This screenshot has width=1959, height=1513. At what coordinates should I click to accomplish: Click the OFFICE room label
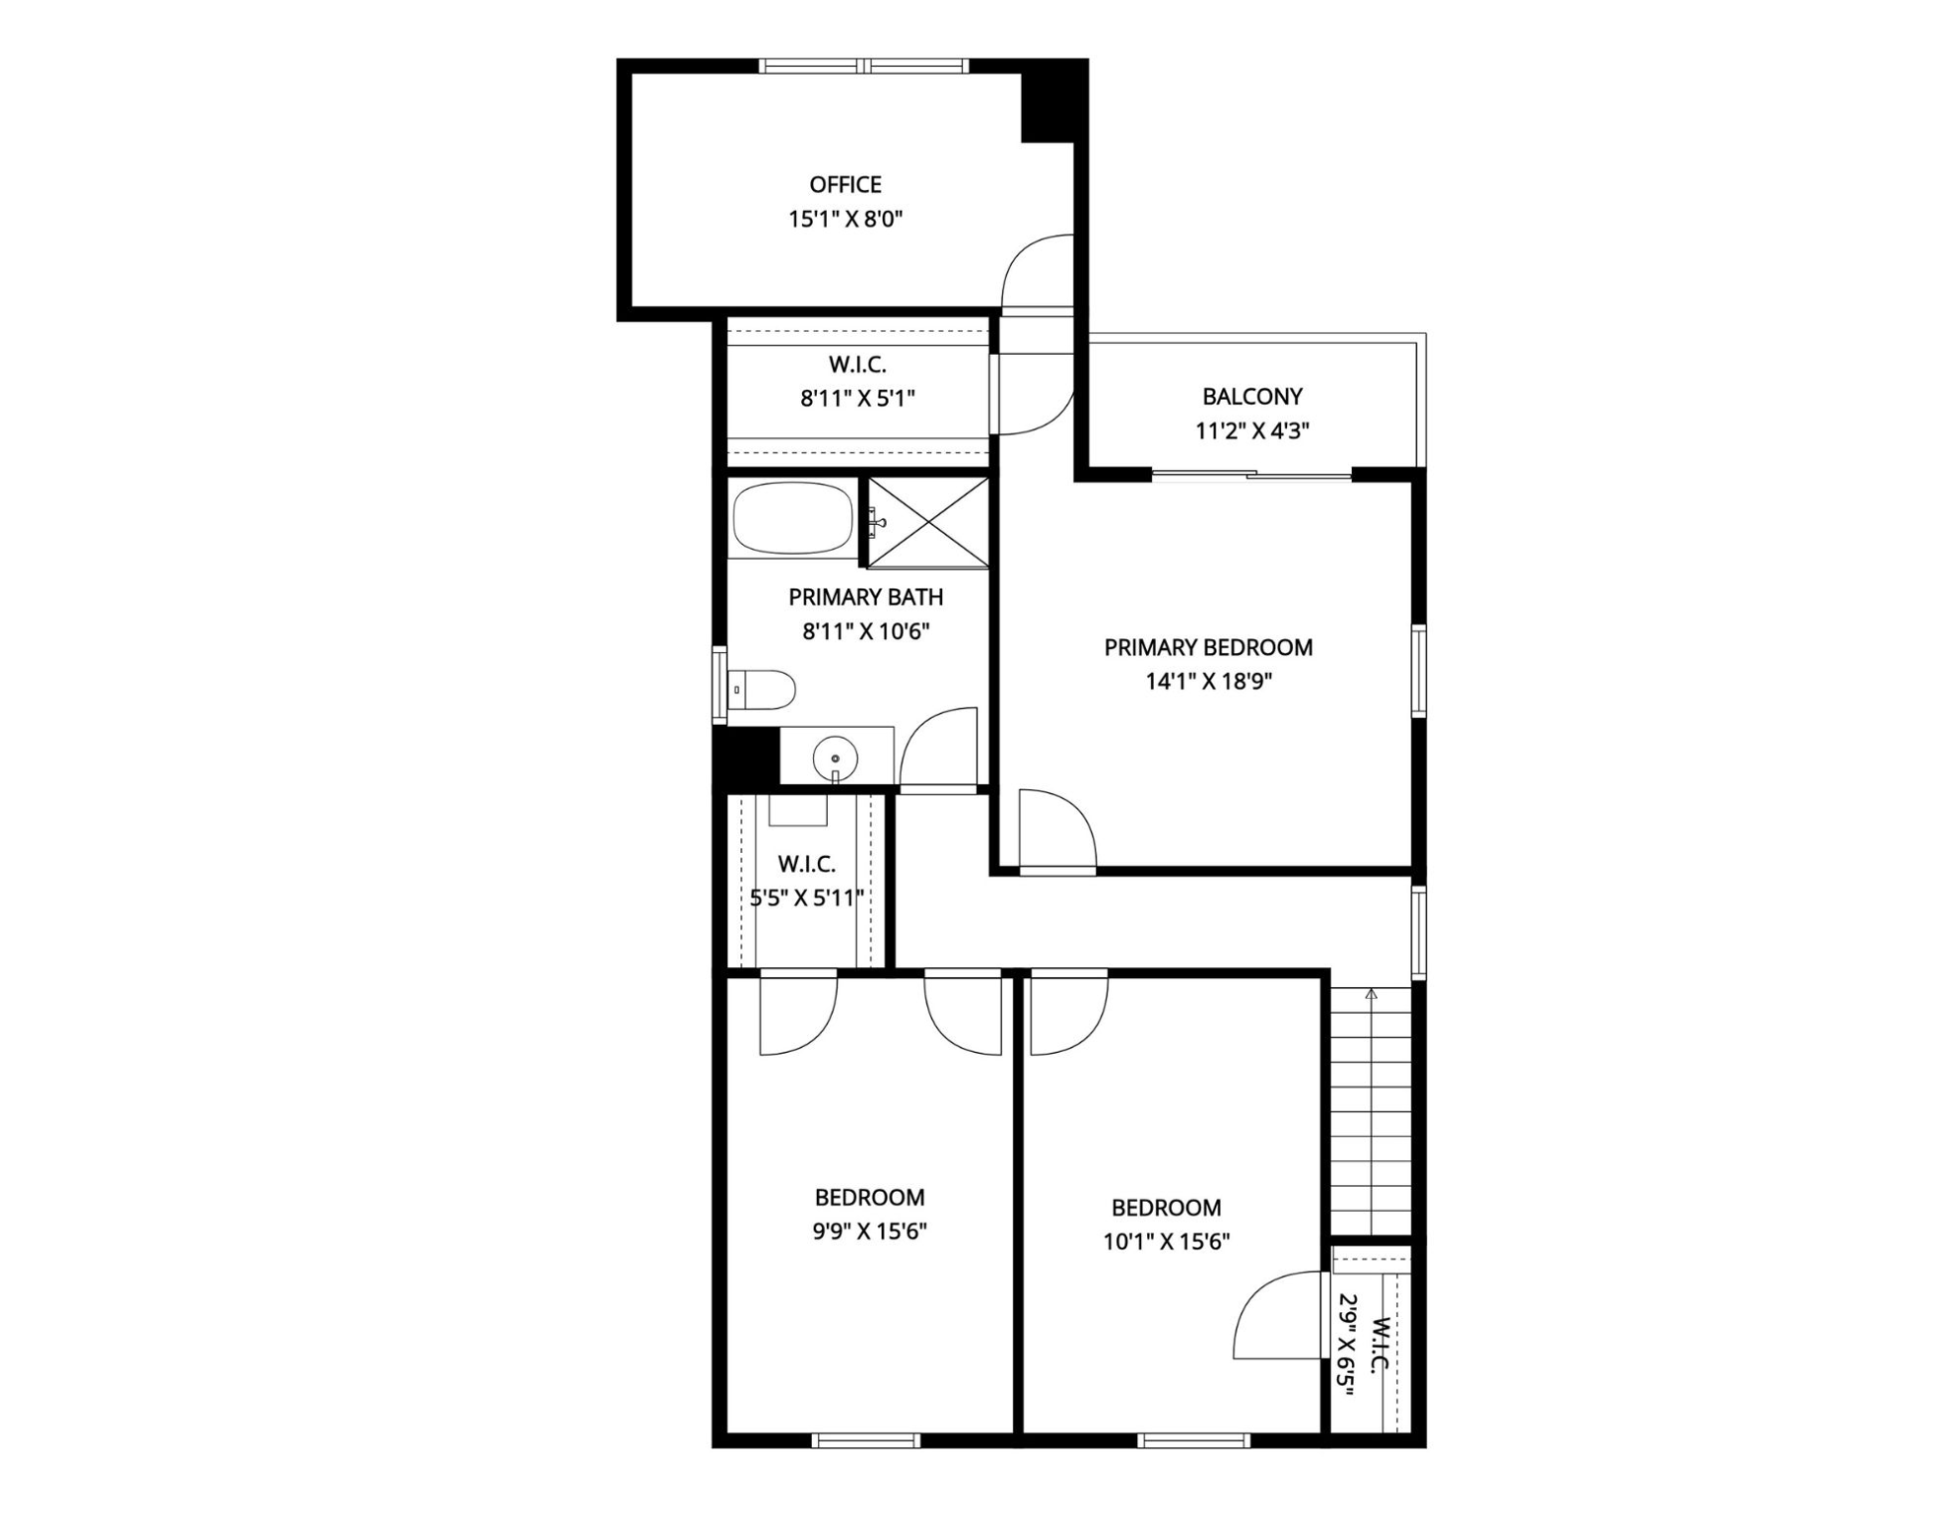click(x=845, y=184)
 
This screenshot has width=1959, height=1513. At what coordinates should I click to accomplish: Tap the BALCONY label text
click(x=1252, y=396)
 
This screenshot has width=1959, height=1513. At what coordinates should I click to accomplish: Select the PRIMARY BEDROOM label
click(x=1208, y=647)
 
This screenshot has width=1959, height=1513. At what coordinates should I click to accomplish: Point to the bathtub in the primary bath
click(x=793, y=518)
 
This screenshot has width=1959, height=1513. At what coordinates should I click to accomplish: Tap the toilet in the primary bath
click(x=761, y=690)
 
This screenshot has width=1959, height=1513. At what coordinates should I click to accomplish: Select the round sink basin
click(x=836, y=758)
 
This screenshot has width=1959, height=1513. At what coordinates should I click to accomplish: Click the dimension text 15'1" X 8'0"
click(x=845, y=219)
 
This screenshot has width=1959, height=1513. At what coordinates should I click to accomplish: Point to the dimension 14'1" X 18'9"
click(x=1208, y=682)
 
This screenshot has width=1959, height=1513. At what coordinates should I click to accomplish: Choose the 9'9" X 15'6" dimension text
click(x=869, y=1231)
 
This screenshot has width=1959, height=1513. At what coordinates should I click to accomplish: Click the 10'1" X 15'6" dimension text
click(x=1167, y=1241)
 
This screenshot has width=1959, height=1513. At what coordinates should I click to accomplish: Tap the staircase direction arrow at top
click(x=1372, y=995)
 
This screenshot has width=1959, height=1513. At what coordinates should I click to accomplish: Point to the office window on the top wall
click(x=864, y=66)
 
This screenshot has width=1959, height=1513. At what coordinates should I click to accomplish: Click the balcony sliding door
click(x=1251, y=477)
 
